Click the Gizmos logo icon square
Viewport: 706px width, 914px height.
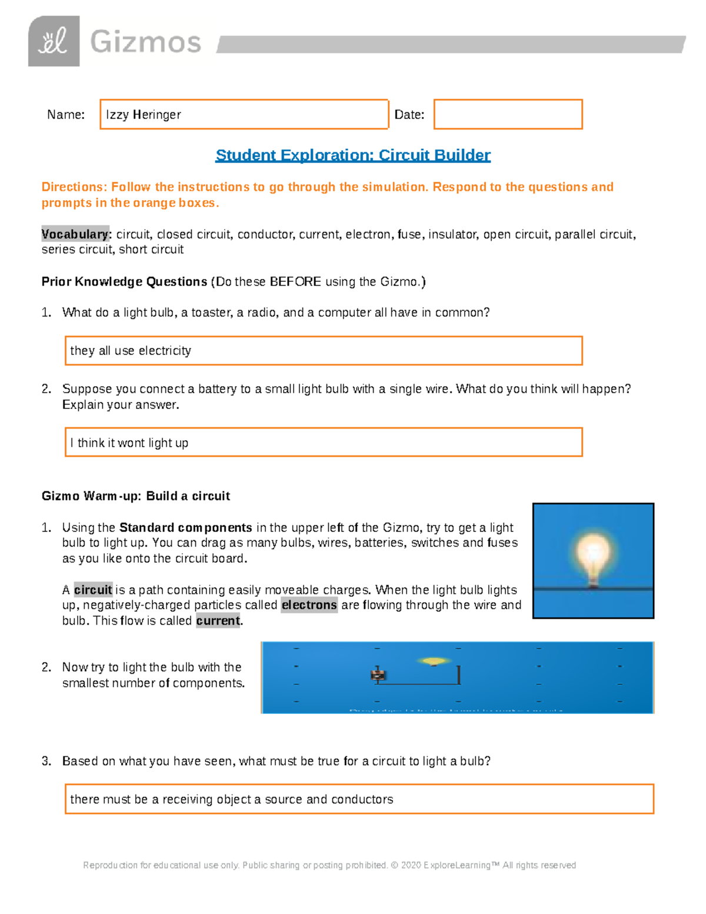pos(54,41)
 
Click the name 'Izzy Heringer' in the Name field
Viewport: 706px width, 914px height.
pos(144,115)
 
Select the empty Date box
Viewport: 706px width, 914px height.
pos(508,114)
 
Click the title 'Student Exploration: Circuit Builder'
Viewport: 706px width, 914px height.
pos(353,155)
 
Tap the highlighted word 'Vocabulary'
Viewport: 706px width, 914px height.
pos(75,234)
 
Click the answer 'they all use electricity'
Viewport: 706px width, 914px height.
pos(131,351)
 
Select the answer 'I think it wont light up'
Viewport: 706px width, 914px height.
pos(129,443)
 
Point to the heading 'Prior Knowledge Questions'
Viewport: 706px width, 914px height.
pos(124,282)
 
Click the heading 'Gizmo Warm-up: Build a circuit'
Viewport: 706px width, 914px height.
pos(136,496)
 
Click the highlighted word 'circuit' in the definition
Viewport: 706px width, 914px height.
pos(93,590)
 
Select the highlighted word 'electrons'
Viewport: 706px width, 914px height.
pos(309,605)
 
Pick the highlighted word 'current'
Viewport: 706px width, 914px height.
pos(218,621)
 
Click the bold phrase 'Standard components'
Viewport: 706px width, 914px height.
pos(186,527)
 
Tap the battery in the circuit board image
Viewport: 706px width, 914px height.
pos(378,675)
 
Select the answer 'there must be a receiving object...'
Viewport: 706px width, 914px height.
pos(232,799)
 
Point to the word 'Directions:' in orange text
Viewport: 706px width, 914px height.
pos(74,187)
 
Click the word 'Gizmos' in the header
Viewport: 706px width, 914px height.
pos(145,42)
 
